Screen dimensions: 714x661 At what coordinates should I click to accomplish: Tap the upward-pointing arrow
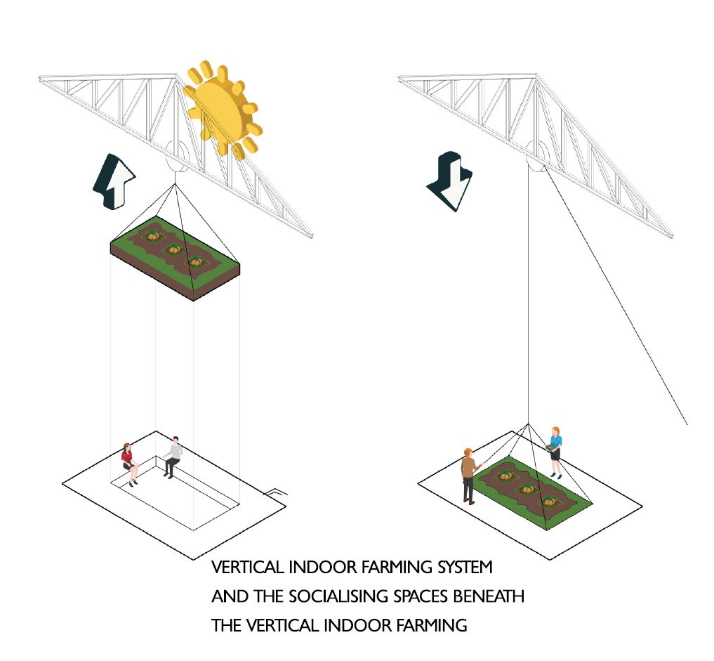click(x=114, y=181)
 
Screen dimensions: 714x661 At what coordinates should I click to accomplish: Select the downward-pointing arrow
click(x=450, y=181)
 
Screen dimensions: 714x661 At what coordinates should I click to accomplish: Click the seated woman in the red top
click(x=129, y=464)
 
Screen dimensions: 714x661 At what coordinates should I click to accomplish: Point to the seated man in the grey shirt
click(x=173, y=457)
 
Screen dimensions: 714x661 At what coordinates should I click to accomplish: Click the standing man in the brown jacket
click(x=470, y=476)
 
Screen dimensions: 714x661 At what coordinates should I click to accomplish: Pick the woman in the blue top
click(x=555, y=452)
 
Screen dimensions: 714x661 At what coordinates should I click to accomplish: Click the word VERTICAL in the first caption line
click(x=248, y=567)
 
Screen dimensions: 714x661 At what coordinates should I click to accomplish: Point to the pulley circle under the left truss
click(x=176, y=156)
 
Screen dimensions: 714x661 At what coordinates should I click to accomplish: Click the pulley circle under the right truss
click(x=536, y=156)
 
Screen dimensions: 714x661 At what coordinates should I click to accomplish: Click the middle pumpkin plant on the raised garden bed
click(x=173, y=249)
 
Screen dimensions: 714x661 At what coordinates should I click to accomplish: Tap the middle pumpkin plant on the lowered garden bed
click(x=527, y=490)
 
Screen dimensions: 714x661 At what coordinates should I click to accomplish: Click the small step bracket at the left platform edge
click(x=276, y=492)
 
